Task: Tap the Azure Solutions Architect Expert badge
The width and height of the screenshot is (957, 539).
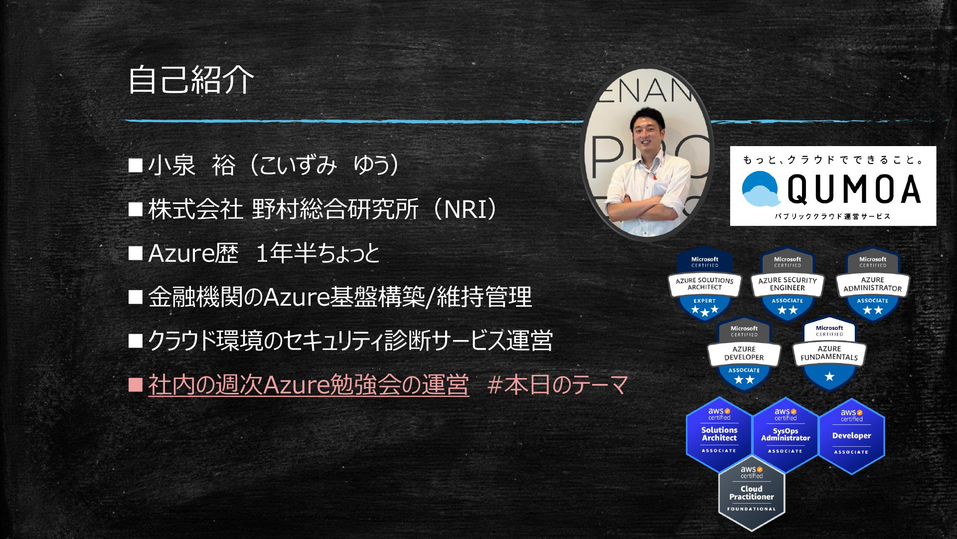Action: tap(705, 284)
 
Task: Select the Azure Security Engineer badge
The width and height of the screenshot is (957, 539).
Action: tap(788, 284)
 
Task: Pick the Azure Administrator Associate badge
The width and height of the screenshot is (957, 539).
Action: tap(873, 284)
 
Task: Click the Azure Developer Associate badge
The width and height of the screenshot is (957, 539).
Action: tap(744, 354)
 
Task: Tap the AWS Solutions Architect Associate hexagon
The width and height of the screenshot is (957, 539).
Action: tap(719, 435)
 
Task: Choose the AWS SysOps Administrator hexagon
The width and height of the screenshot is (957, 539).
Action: tap(786, 435)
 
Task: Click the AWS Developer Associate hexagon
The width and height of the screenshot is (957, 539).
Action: tap(852, 436)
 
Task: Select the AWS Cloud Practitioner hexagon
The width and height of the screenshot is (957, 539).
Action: tap(752, 493)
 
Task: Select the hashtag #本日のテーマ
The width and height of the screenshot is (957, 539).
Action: tap(558, 385)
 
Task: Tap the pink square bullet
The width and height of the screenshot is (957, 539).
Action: tap(136, 385)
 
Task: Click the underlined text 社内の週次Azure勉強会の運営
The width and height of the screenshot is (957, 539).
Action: tap(309, 385)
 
